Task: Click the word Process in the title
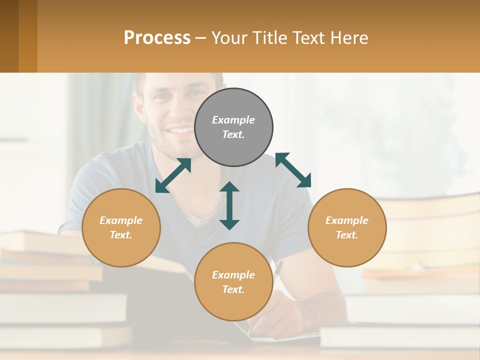(x=157, y=38)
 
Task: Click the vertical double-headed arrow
(x=229, y=205)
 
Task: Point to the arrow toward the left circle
(x=173, y=175)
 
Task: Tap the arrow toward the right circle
(x=293, y=170)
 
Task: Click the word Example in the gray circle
(x=233, y=120)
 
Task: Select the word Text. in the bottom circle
(x=233, y=289)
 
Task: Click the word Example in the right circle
(x=347, y=220)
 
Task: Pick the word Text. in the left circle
(x=121, y=235)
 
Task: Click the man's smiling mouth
(x=180, y=131)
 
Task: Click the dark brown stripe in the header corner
(x=9, y=36)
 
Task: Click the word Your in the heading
(x=229, y=38)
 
